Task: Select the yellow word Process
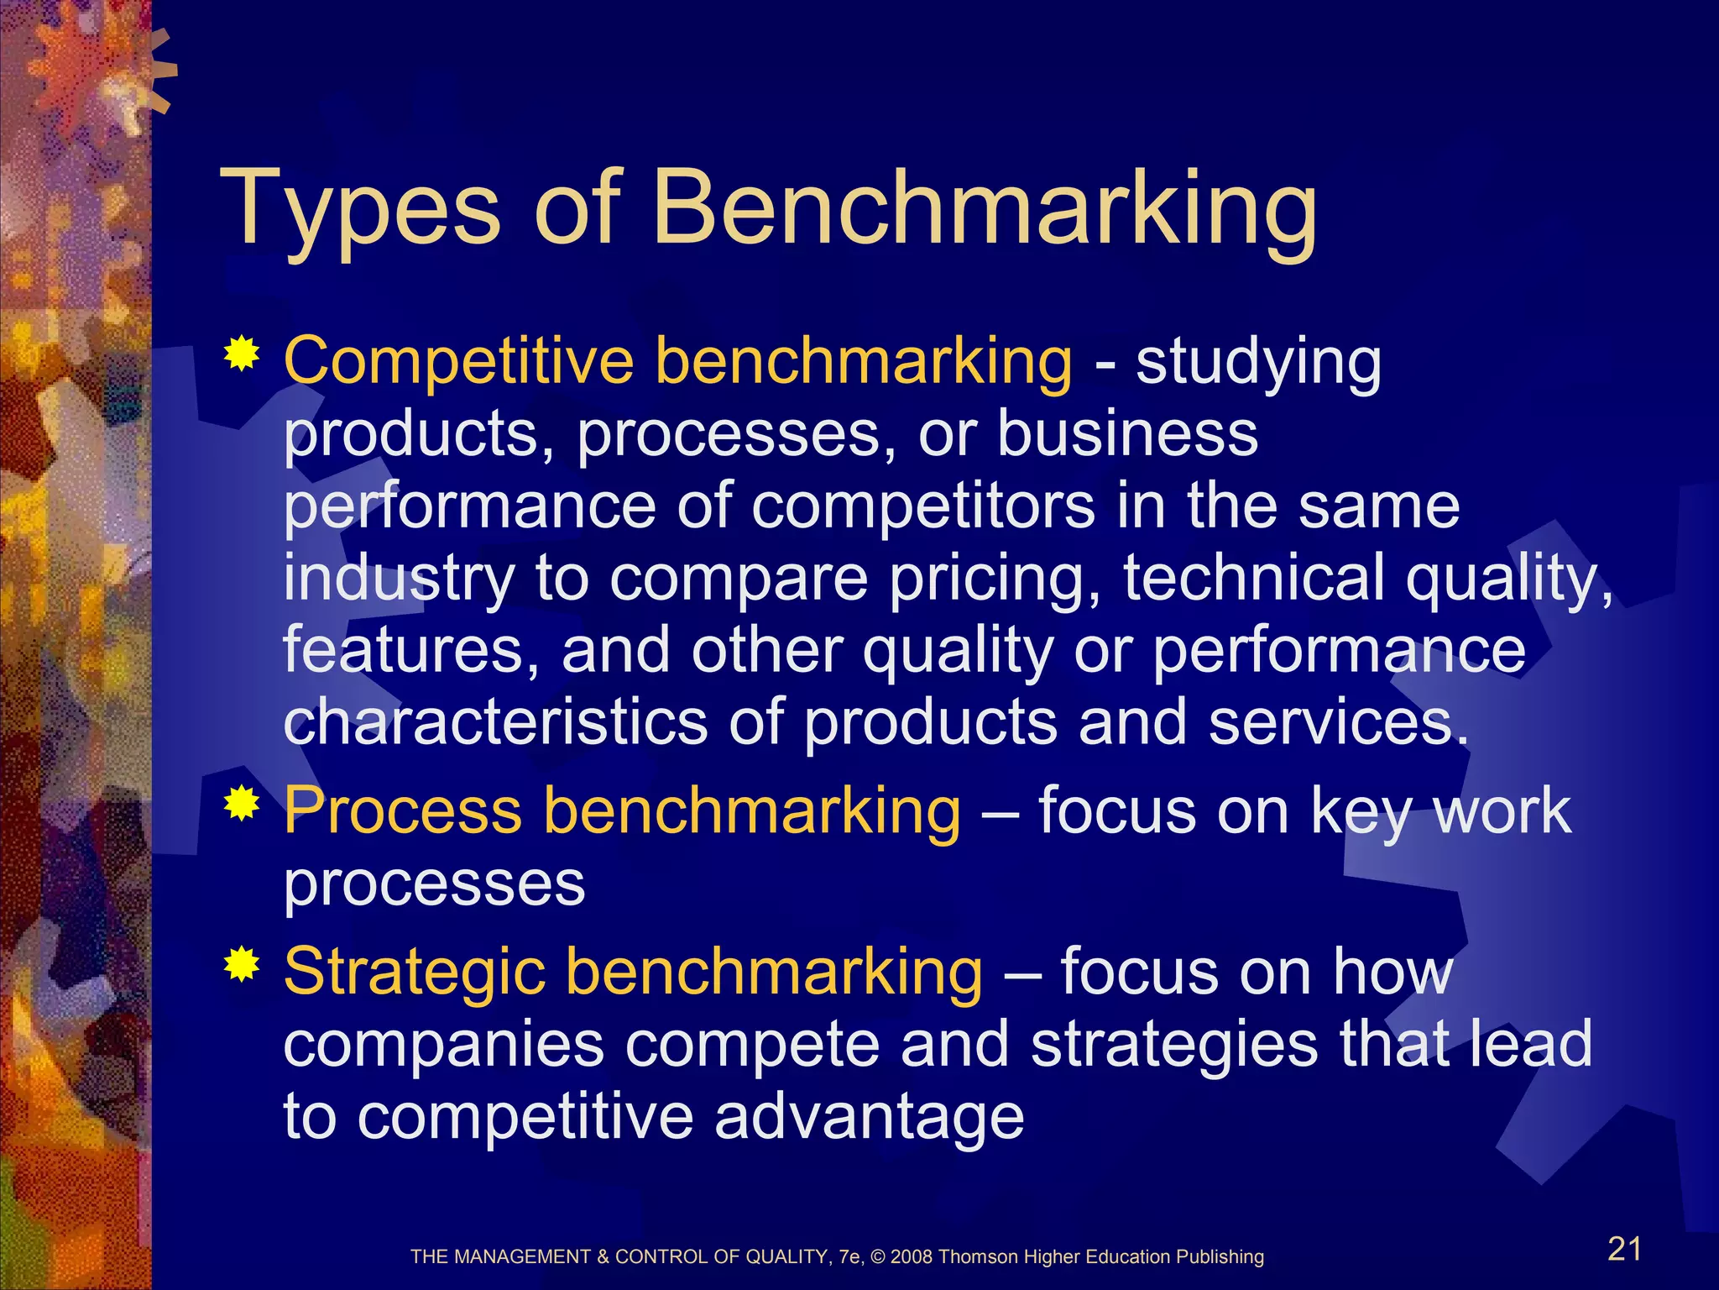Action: (403, 810)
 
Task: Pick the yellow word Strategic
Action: (415, 972)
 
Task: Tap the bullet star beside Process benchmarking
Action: (242, 804)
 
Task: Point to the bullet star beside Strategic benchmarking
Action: (242, 965)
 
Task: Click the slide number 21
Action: (1624, 1249)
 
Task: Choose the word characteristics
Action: (495, 722)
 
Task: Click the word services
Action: (1338, 722)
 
